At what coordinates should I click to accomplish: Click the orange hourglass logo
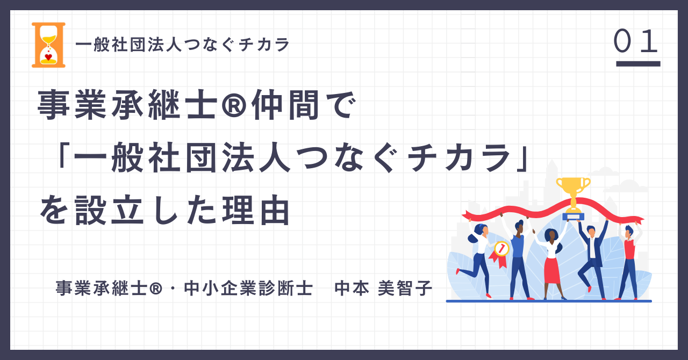click(48, 45)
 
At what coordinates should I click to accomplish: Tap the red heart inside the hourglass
click(48, 57)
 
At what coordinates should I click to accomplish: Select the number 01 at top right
click(635, 41)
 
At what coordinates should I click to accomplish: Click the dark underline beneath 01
click(638, 63)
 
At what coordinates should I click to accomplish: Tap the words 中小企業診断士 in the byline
click(248, 288)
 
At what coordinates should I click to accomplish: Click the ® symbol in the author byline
click(156, 289)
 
